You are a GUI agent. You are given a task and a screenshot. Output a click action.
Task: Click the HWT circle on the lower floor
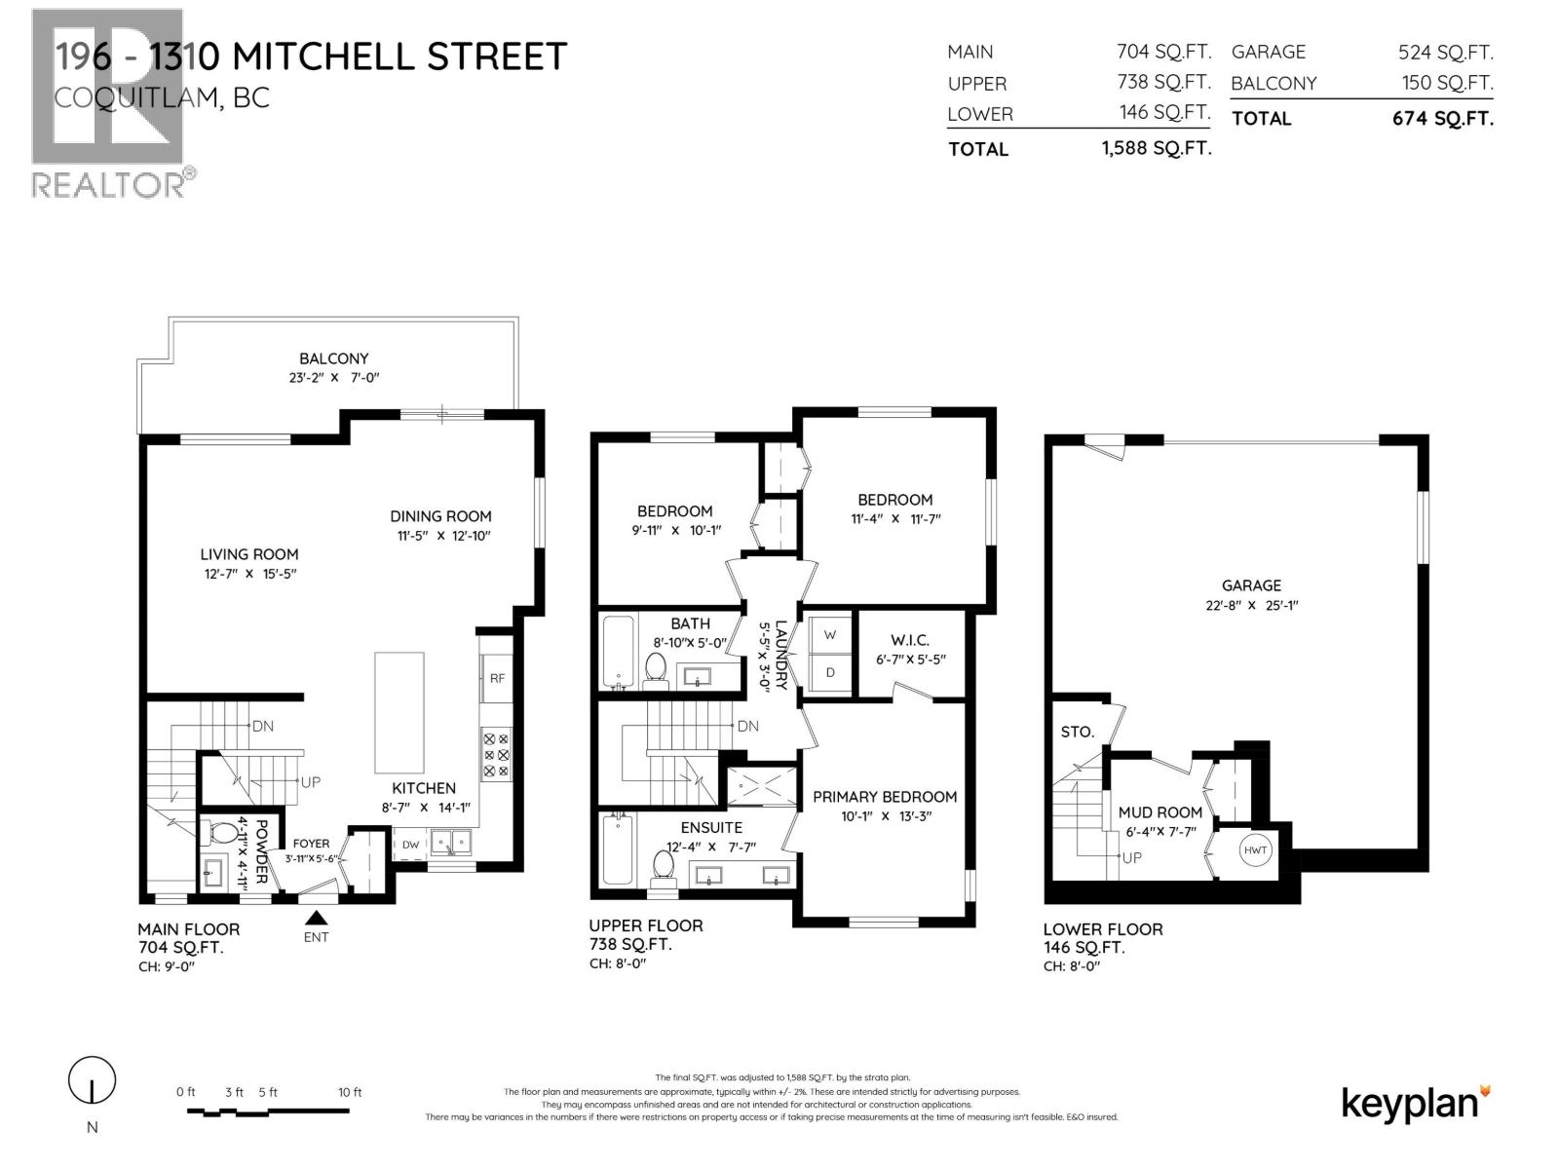coord(1255,850)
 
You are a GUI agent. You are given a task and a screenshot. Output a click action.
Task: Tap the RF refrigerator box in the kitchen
coord(497,678)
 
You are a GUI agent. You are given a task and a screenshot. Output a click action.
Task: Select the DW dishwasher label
coord(410,845)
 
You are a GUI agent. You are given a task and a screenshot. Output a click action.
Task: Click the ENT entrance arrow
coord(316,918)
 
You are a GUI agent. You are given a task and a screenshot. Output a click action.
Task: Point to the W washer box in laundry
coord(830,634)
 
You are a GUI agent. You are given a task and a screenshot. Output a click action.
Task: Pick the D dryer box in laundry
coord(830,672)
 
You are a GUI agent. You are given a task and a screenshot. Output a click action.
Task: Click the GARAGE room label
coord(1251,585)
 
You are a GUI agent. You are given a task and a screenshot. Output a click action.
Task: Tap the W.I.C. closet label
coord(909,640)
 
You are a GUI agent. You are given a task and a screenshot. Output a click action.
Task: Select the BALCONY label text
coord(333,358)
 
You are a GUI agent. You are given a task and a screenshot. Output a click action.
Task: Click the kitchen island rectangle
coord(399,712)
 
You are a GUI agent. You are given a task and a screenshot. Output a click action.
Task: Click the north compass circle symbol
coord(92,1080)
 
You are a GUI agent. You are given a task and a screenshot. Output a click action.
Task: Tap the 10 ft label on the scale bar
coord(350,1092)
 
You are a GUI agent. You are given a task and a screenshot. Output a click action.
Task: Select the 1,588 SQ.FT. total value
coord(1157,149)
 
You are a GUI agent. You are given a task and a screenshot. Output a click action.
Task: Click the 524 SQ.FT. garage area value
coord(1445,53)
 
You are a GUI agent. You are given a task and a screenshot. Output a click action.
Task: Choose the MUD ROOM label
coord(1160,811)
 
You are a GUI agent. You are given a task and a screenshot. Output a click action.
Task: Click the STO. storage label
coord(1077,732)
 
